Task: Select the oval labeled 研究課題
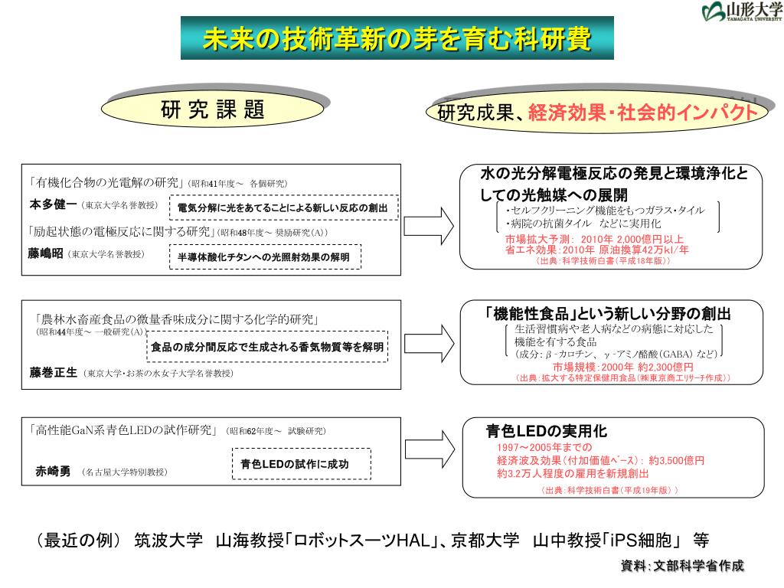(x=212, y=111)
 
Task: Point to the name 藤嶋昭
(x=45, y=253)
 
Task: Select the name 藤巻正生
(x=54, y=373)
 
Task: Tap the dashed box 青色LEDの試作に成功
(x=301, y=464)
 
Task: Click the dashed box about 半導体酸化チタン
(x=264, y=258)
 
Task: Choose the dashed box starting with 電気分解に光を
(x=283, y=207)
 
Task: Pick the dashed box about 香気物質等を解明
(x=267, y=347)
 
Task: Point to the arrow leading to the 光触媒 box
(x=428, y=225)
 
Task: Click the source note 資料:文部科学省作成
(x=681, y=567)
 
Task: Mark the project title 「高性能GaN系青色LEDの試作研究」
(x=127, y=430)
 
